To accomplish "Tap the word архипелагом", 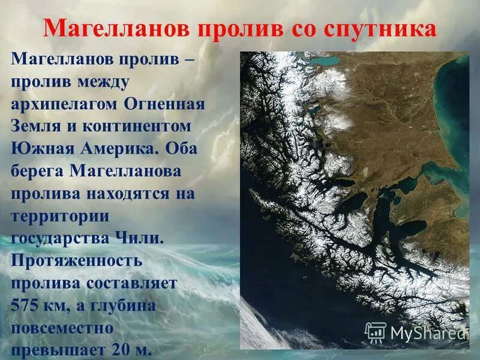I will tap(64, 104).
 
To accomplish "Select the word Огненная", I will tap(165, 104).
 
